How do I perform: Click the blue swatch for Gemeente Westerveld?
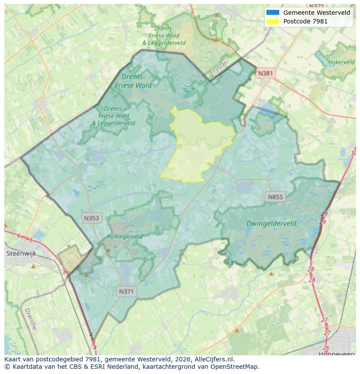(273, 13)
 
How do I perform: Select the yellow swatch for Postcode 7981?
(273, 21)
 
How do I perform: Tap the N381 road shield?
(265, 73)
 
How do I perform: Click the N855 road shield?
(275, 197)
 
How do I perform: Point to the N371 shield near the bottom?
(126, 292)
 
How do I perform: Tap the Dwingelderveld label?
(271, 224)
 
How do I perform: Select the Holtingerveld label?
(125, 237)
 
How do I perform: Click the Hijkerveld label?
(341, 63)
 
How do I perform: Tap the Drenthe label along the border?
(30, 319)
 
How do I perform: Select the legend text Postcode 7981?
(305, 21)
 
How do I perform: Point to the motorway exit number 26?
(326, 348)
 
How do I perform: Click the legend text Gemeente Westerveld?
(317, 13)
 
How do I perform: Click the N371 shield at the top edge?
(317, 6)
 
